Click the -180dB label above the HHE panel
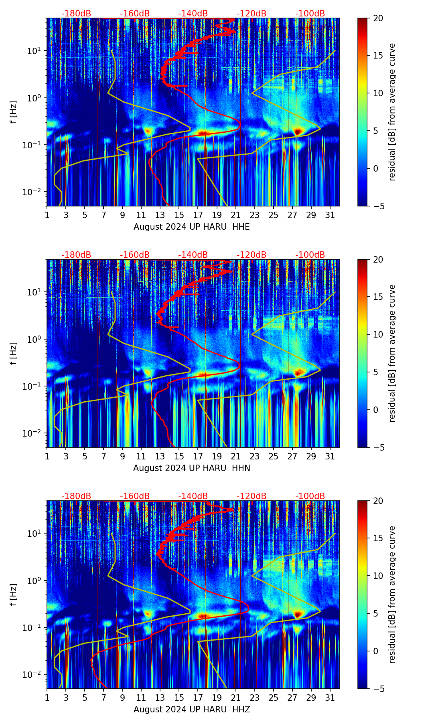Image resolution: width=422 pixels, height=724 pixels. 76,14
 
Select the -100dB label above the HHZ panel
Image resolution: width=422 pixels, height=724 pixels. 310,496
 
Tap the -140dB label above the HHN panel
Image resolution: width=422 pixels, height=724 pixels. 193,255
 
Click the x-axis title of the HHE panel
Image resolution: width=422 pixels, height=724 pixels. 191,227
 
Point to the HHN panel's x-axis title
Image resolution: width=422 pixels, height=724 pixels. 191,468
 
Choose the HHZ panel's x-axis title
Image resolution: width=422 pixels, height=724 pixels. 191,710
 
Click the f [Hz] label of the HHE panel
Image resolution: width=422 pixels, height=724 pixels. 13,112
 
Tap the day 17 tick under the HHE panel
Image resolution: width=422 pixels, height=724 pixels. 198,214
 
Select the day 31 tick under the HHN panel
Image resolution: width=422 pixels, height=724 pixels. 330,456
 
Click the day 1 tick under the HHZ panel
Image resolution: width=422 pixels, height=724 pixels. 47,697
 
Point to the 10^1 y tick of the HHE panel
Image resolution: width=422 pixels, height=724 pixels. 36,51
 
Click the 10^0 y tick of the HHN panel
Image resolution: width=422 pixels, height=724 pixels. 36,339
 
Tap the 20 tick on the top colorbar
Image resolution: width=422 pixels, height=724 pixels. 378,18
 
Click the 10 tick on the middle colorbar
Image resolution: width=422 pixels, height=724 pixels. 378,334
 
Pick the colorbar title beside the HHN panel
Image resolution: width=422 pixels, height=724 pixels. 392,353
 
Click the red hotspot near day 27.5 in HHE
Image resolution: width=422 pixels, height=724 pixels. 297,131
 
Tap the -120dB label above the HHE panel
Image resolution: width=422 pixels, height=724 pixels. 252,14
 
